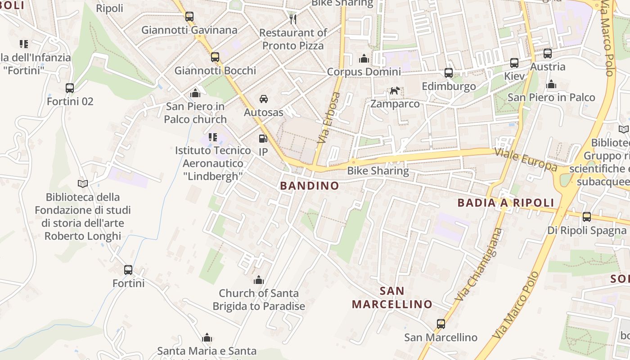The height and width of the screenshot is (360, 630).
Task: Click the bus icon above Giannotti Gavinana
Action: click(x=189, y=17)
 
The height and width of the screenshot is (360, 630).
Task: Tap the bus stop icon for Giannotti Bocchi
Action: click(x=215, y=57)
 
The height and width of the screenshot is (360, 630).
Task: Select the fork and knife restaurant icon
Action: click(x=293, y=19)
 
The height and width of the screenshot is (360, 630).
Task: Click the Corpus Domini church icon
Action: click(x=364, y=58)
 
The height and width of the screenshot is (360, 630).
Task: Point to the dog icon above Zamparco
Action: click(x=395, y=91)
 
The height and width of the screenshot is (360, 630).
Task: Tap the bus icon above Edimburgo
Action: click(x=449, y=73)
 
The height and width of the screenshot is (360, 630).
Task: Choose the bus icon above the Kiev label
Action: click(x=514, y=63)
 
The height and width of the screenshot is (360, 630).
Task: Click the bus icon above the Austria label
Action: click(x=548, y=54)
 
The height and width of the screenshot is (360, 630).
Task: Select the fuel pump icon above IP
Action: click(x=263, y=139)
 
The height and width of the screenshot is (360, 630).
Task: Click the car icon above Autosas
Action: click(x=264, y=99)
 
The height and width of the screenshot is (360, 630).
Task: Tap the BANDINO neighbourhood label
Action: click(x=310, y=185)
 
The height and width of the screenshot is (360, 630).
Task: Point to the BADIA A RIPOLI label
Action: click(x=506, y=202)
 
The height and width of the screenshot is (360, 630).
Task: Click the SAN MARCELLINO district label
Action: click(x=392, y=297)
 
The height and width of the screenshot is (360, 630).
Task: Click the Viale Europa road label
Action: click(x=526, y=159)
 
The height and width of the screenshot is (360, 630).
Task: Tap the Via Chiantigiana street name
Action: click(x=478, y=265)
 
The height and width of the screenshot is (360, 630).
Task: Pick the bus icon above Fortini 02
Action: click(x=70, y=88)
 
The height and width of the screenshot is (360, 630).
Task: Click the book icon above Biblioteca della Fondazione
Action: click(x=82, y=184)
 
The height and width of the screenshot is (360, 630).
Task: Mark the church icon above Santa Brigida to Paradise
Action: click(x=259, y=280)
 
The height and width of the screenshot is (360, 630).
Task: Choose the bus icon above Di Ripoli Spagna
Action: click(x=587, y=217)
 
